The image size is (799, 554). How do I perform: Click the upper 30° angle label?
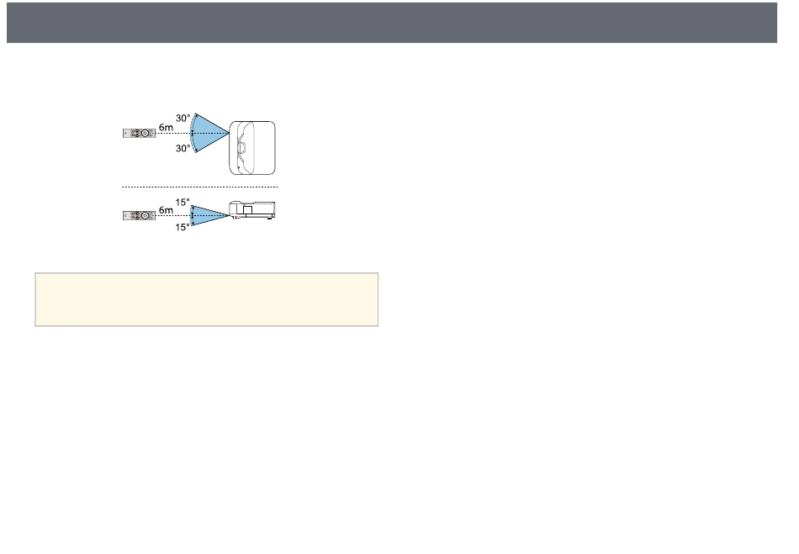click(x=183, y=119)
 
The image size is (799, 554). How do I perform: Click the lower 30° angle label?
click(x=183, y=148)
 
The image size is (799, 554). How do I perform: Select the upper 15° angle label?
click(x=183, y=202)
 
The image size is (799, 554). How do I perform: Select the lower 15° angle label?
click(x=183, y=227)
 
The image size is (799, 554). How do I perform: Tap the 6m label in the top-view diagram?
click(x=166, y=127)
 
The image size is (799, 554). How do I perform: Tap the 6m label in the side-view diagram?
click(x=166, y=210)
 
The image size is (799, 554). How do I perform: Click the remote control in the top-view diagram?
click(x=139, y=134)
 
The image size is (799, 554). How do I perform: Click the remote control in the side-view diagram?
click(x=139, y=216)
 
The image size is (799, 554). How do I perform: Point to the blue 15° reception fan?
click(x=206, y=215)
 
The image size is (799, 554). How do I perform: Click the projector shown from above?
click(x=252, y=148)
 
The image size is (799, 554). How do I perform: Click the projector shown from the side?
click(x=251, y=210)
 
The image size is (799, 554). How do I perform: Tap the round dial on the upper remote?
click(x=146, y=134)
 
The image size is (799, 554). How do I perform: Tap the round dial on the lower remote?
click(x=146, y=216)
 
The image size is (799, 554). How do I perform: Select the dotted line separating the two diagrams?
click(x=200, y=187)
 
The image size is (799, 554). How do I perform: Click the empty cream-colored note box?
click(x=206, y=299)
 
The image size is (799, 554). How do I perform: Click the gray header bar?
click(x=392, y=23)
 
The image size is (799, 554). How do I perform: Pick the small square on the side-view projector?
click(x=247, y=210)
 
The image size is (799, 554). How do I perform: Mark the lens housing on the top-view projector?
click(x=241, y=148)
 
